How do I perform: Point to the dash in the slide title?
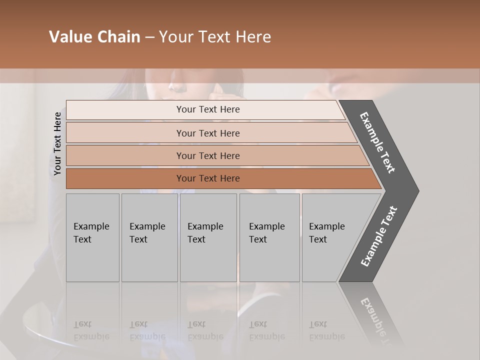click(x=149, y=37)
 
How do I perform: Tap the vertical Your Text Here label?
click(x=57, y=143)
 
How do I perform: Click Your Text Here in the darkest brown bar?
click(x=207, y=178)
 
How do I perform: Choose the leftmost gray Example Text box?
click(x=92, y=237)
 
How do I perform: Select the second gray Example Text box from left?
click(x=149, y=237)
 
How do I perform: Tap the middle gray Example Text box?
click(x=208, y=237)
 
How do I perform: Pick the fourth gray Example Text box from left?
click(x=269, y=237)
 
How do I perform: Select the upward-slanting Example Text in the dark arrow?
click(x=379, y=236)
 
